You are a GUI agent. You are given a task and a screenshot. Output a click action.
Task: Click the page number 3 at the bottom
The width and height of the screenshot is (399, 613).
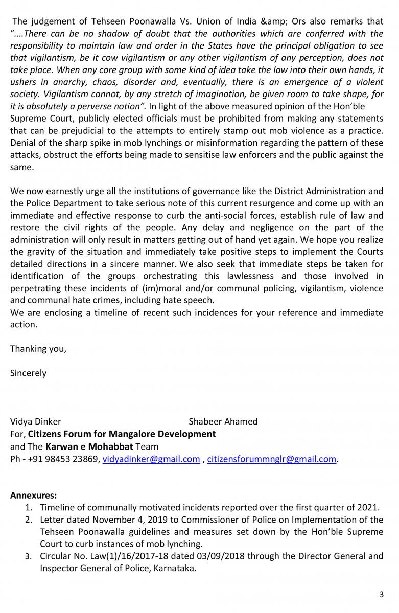(381, 594)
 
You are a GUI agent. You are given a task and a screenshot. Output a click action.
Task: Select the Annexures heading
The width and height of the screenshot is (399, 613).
(34, 495)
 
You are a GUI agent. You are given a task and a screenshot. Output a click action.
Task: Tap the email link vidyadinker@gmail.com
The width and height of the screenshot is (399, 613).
(151, 459)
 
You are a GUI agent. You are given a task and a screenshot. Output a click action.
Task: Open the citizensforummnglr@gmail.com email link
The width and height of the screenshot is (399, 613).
(272, 459)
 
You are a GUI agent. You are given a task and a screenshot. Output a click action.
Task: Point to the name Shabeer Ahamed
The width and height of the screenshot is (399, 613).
(223, 421)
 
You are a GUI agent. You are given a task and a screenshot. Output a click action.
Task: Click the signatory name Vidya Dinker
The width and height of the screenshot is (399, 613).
(36, 421)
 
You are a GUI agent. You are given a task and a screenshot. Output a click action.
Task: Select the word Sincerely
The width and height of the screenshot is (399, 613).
(28, 373)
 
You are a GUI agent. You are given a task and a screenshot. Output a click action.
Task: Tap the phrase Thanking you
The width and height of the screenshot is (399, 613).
(38, 349)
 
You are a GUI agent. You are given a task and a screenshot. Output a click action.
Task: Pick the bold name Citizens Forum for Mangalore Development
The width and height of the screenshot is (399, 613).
(122, 434)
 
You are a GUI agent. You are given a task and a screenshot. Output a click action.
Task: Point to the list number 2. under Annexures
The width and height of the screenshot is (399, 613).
(29, 520)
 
